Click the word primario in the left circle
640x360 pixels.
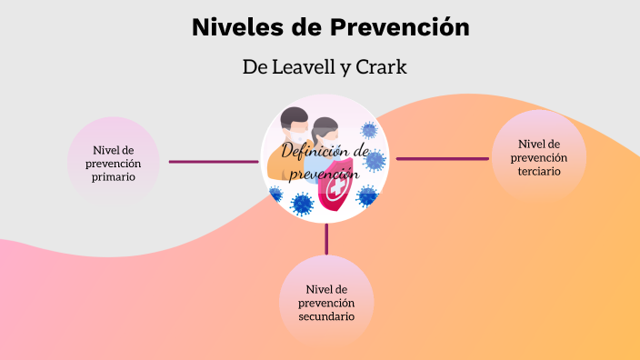[115, 177]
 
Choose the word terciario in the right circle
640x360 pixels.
[538, 172]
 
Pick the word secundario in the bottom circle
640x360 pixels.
[326, 316]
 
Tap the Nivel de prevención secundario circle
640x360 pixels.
[326, 302]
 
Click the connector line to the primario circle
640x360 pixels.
[214, 162]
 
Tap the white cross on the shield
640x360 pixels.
[335, 192]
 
